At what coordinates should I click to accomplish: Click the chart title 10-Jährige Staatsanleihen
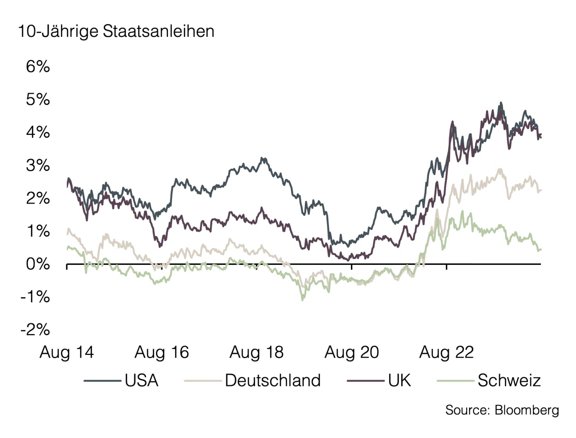click(116, 32)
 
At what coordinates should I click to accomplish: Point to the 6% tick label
click(37, 67)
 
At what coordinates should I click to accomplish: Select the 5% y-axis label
click(37, 100)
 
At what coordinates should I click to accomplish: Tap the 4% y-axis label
click(37, 133)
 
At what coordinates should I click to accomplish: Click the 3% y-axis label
click(37, 166)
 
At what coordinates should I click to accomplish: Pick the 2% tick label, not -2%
click(37, 198)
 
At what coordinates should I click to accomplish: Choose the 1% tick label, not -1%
click(37, 232)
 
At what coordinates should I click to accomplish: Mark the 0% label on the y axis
click(37, 264)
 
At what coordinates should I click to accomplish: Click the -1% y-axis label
click(35, 297)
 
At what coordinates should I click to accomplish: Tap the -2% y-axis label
click(35, 330)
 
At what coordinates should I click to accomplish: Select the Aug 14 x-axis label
click(67, 353)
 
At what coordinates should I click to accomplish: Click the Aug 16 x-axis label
click(162, 353)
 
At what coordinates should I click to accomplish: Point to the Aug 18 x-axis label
click(257, 353)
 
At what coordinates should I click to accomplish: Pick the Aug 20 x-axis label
click(352, 353)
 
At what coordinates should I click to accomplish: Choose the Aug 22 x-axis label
click(446, 353)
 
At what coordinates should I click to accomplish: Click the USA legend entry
click(141, 381)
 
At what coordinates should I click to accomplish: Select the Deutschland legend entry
click(272, 381)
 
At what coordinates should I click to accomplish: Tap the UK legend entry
click(399, 381)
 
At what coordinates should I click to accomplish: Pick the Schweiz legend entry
click(509, 381)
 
